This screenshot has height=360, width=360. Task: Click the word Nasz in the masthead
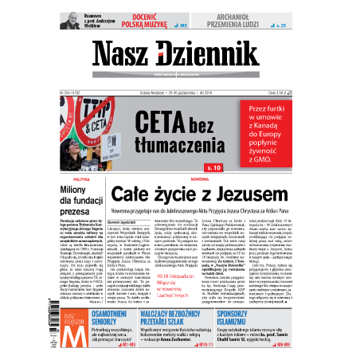pyautogui.click(x=124, y=56)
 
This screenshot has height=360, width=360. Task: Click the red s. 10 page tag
pyautogui.click(x=213, y=167)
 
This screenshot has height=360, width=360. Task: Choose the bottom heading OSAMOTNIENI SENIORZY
pyautogui.click(x=122, y=318)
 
